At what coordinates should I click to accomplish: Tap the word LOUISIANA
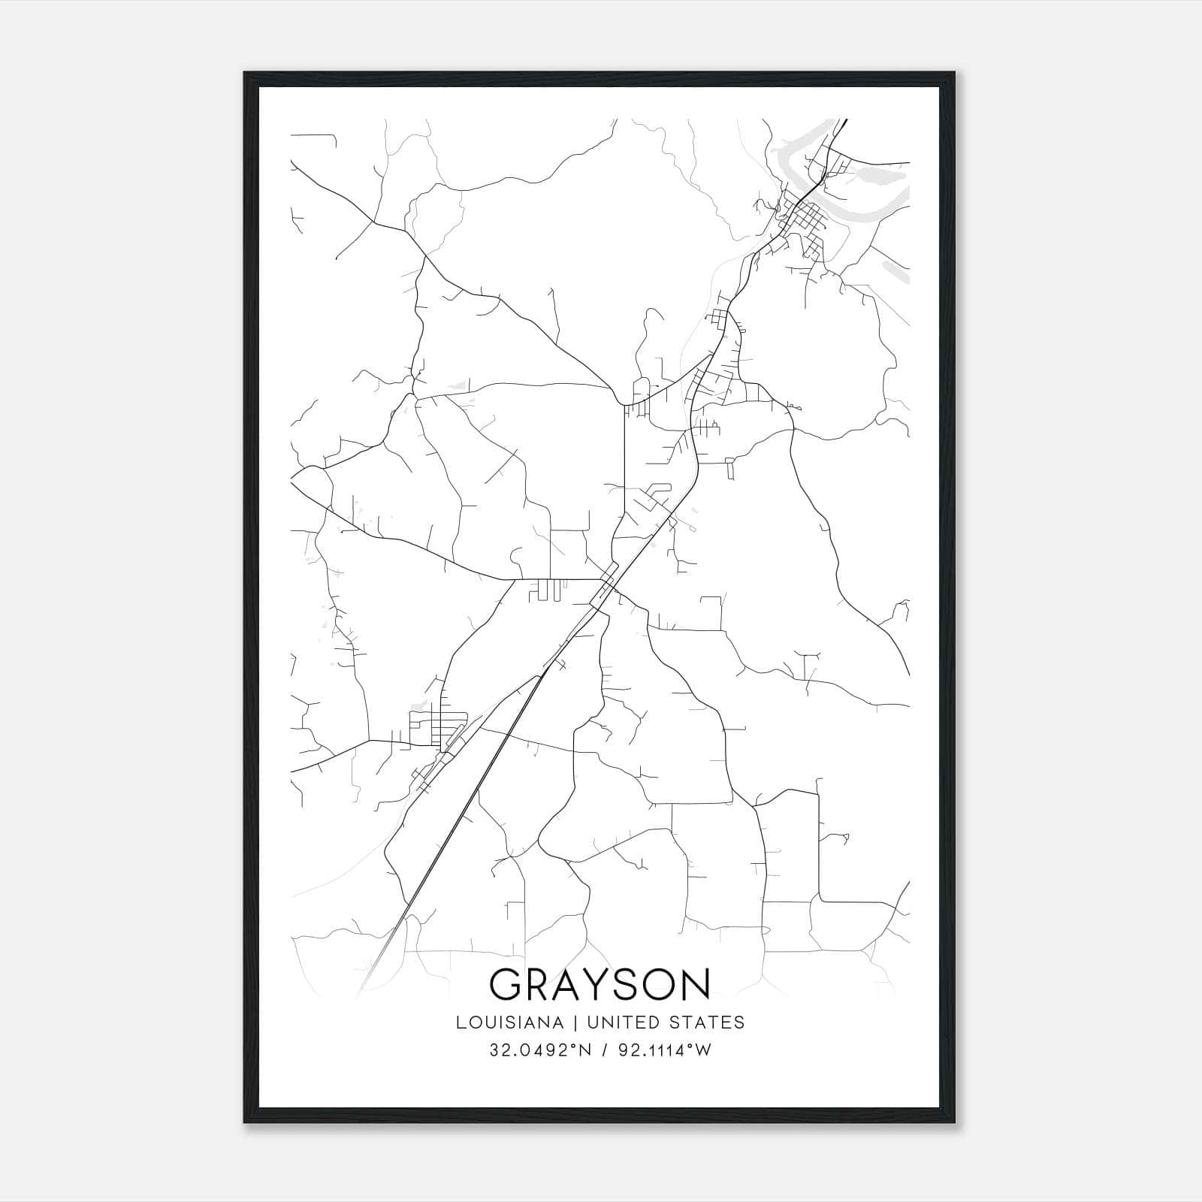509,1022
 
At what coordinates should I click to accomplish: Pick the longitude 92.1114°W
664,1050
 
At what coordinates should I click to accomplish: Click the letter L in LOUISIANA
459,1022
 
